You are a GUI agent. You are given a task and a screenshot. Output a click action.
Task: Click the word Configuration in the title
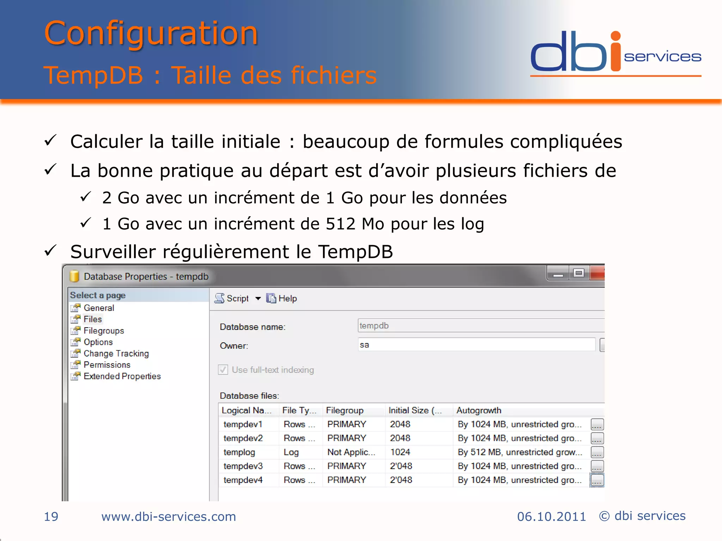point(151,33)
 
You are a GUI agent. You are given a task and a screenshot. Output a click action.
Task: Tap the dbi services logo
point(615,53)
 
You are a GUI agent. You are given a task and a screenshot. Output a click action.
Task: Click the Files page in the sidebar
point(93,319)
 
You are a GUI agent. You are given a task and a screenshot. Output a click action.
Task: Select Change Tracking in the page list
point(116,353)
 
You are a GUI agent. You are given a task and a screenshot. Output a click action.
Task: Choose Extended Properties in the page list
point(122,376)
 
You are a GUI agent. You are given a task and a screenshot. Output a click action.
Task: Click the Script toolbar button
point(233,299)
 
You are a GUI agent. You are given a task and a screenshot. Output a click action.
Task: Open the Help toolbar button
point(282,299)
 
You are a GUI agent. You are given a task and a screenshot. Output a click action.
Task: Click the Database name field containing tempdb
point(479,325)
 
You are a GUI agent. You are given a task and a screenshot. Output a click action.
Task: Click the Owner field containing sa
point(476,344)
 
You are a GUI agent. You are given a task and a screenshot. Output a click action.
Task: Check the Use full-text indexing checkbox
point(223,370)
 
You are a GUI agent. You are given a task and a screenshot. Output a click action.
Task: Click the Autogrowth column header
point(479,410)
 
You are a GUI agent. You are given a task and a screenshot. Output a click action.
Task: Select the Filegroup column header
point(344,410)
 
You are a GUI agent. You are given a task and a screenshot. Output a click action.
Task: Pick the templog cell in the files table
point(239,452)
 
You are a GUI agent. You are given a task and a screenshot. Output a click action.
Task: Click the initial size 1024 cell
point(400,452)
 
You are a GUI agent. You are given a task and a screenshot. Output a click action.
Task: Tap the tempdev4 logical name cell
point(243,480)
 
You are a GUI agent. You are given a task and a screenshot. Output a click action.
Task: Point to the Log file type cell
point(291,452)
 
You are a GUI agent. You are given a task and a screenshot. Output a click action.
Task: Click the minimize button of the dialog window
point(558,273)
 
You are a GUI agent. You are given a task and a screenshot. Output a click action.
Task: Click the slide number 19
point(51,517)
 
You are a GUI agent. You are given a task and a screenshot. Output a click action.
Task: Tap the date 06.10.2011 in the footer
point(551,517)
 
